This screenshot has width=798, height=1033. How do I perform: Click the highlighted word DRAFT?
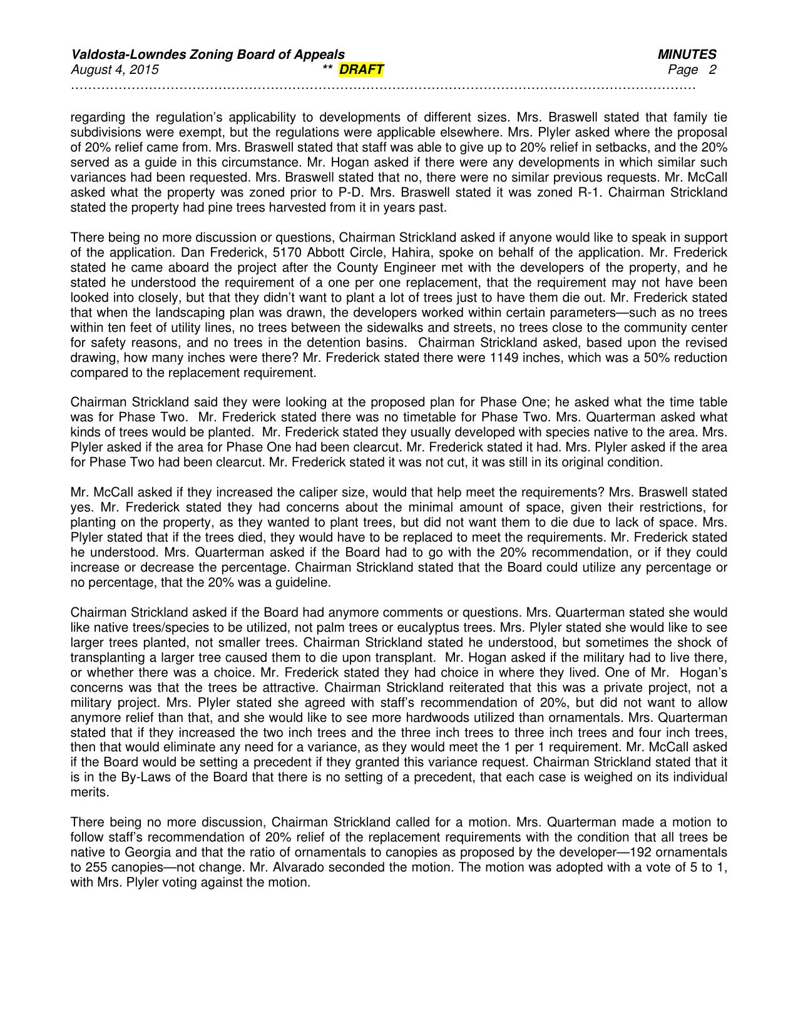pyautogui.click(x=361, y=69)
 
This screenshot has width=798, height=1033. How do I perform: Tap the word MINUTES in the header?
pyautogui.click(x=687, y=54)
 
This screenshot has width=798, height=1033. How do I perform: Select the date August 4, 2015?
pyautogui.click(x=115, y=69)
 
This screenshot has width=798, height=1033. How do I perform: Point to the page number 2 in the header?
pyautogui.click(x=712, y=69)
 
